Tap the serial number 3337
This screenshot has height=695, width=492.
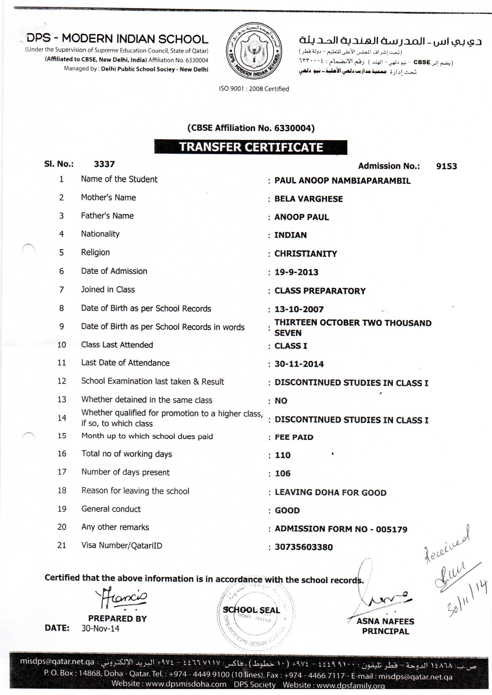click(x=104, y=164)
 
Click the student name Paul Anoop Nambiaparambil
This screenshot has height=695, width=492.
click(x=342, y=181)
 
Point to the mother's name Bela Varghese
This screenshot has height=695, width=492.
click(x=308, y=199)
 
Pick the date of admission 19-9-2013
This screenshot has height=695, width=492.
click(x=296, y=272)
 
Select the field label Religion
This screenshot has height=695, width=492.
click(x=95, y=252)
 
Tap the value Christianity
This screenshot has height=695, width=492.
click(x=305, y=254)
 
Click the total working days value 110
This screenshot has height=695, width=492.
click(x=283, y=455)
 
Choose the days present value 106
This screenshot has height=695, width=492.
click(x=283, y=473)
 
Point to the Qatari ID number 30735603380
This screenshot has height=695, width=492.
click(x=304, y=547)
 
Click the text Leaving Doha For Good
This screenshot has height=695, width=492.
click(x=330, y=492)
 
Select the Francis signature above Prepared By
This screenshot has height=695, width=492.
click(x=121, y=598)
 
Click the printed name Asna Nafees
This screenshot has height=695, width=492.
click(x=385, y=621)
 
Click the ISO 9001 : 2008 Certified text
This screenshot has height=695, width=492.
click(x=254, y=89)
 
